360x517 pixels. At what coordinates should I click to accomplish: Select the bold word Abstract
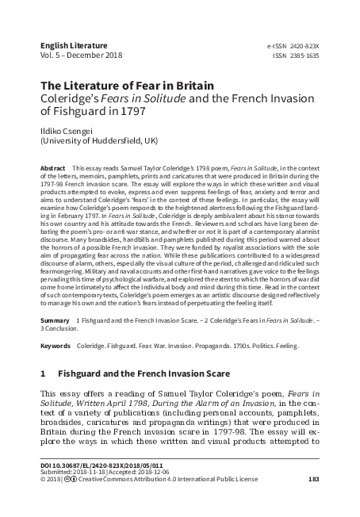pyautogui.click(x=52, y=170)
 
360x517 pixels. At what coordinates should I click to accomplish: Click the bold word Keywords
pyautogui.click(x=55, y=347)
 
